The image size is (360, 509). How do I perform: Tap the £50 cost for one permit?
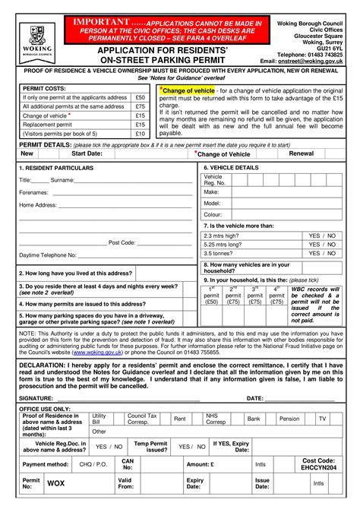(140, 98)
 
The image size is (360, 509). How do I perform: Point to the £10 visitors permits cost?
(140, 134)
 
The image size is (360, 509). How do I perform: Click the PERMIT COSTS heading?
(45, 89)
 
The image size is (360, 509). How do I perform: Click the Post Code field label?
(122, 242)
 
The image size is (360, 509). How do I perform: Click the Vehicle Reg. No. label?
(214, 180)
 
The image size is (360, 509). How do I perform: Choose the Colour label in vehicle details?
(213, 214)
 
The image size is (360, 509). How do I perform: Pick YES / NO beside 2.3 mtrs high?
(322, 236)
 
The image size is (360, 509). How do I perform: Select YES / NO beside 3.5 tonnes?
(322, 254)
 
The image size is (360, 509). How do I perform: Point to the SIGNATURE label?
(36, 397)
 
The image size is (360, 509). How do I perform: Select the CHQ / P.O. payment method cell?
(93, 463)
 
